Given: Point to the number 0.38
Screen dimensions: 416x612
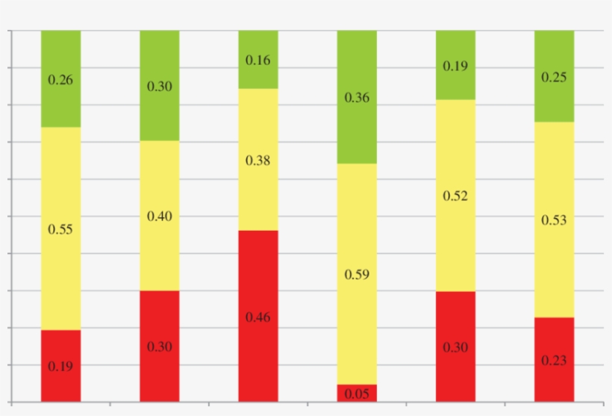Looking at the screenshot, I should tap(258, 161).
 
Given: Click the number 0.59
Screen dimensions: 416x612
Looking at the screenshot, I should tap(357, 275).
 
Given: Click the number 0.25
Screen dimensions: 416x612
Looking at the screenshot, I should tap(554, 76).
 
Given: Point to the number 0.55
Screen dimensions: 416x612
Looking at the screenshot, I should tap(61, 230).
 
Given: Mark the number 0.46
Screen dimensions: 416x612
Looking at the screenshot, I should tap(258, 317).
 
